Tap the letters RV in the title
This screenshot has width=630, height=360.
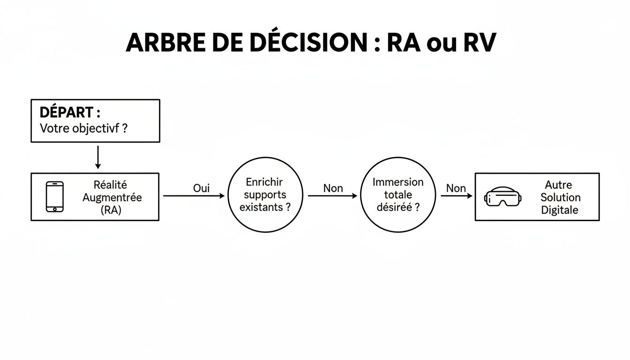pos(479,43)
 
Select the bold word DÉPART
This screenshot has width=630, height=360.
pos(67,112)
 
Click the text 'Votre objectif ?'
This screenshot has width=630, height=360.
pos(83,128)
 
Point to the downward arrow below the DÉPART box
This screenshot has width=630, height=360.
pos(97,157)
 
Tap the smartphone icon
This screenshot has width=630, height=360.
pos(55,197)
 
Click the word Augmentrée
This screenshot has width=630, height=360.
pos(112,197)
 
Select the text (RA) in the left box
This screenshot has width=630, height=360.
pos(111,210)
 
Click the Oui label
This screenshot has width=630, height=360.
pos(201,188)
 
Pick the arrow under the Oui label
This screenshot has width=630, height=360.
pos(194,196)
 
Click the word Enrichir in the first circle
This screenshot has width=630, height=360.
pos(265,182)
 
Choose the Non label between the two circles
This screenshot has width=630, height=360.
pos(333,188)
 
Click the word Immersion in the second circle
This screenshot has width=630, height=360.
pos(398,182)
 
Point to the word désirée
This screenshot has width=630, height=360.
pos(394,207)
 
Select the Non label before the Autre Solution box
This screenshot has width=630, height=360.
pos(456,188)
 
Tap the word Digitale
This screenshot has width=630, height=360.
pos(560,210)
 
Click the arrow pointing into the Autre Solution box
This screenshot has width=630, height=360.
pos(457,196)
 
